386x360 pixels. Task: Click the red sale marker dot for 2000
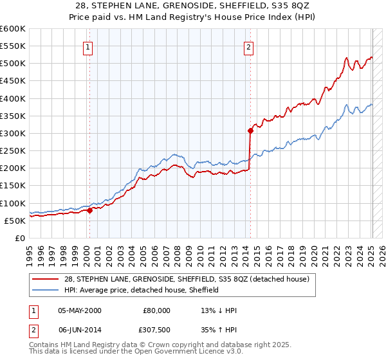pos(89,210)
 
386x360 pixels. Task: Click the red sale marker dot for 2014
pos(250,130)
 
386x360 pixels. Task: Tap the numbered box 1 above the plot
pos(87,46)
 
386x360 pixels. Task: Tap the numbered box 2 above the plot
pos(248,46)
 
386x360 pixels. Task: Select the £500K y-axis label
pos(12,64)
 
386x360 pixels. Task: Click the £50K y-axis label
pos(14,221)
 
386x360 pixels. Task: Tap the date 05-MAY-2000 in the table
pos(79,310)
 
